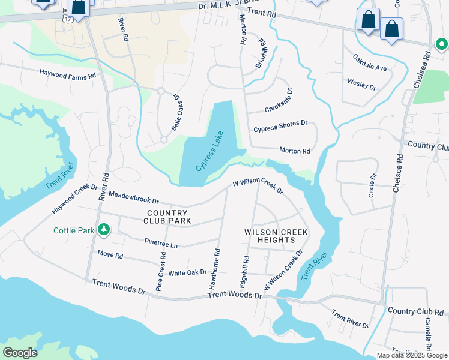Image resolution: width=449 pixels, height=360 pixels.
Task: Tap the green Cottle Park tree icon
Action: (104, 230)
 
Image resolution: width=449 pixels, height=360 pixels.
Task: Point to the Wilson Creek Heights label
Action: (276, 236)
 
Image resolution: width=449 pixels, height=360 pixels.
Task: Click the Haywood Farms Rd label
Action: (68, 76)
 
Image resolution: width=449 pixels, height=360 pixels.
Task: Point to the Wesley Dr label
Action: (361, 84)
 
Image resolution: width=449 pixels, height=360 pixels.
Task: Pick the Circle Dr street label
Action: (372, 185)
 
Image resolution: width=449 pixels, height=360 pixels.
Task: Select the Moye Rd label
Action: (110, 255)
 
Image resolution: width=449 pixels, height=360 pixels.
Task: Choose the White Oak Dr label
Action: (187, 272)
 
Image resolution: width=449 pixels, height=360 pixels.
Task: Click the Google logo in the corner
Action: (20, 352)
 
